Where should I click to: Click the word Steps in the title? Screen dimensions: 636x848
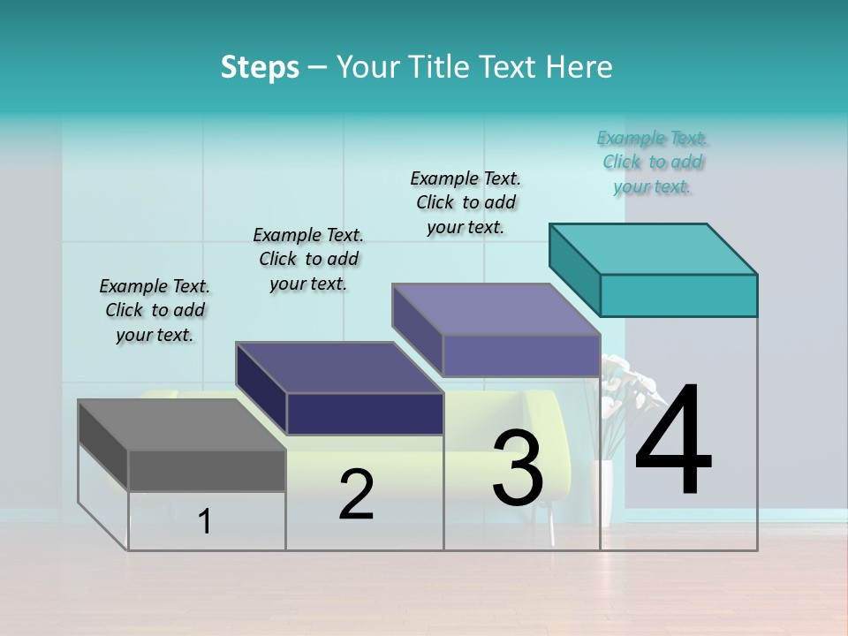tap(260, 67)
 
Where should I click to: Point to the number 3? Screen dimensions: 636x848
tap(518, 467)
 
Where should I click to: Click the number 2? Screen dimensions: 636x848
tap(356, 495)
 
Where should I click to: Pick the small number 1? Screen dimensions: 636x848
tap(205, 522)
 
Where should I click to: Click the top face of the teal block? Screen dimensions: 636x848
tap(654, 248)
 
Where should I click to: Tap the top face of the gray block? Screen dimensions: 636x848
tap(182, 425)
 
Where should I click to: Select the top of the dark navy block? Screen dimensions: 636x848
tap(339, 367)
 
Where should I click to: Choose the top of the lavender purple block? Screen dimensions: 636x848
tap(496, 309)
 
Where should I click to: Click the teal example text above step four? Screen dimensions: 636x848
tap(653, 163)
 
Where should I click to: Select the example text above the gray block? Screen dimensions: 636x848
tap(155, 310)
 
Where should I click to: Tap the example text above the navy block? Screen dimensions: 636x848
tap(308, 259)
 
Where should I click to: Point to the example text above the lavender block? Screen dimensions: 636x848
tap(466, 202)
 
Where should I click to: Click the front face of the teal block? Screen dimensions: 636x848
tap(678, 295)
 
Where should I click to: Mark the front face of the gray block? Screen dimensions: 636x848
tap(207, 470)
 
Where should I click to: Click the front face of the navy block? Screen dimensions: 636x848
tap(364, 413)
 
